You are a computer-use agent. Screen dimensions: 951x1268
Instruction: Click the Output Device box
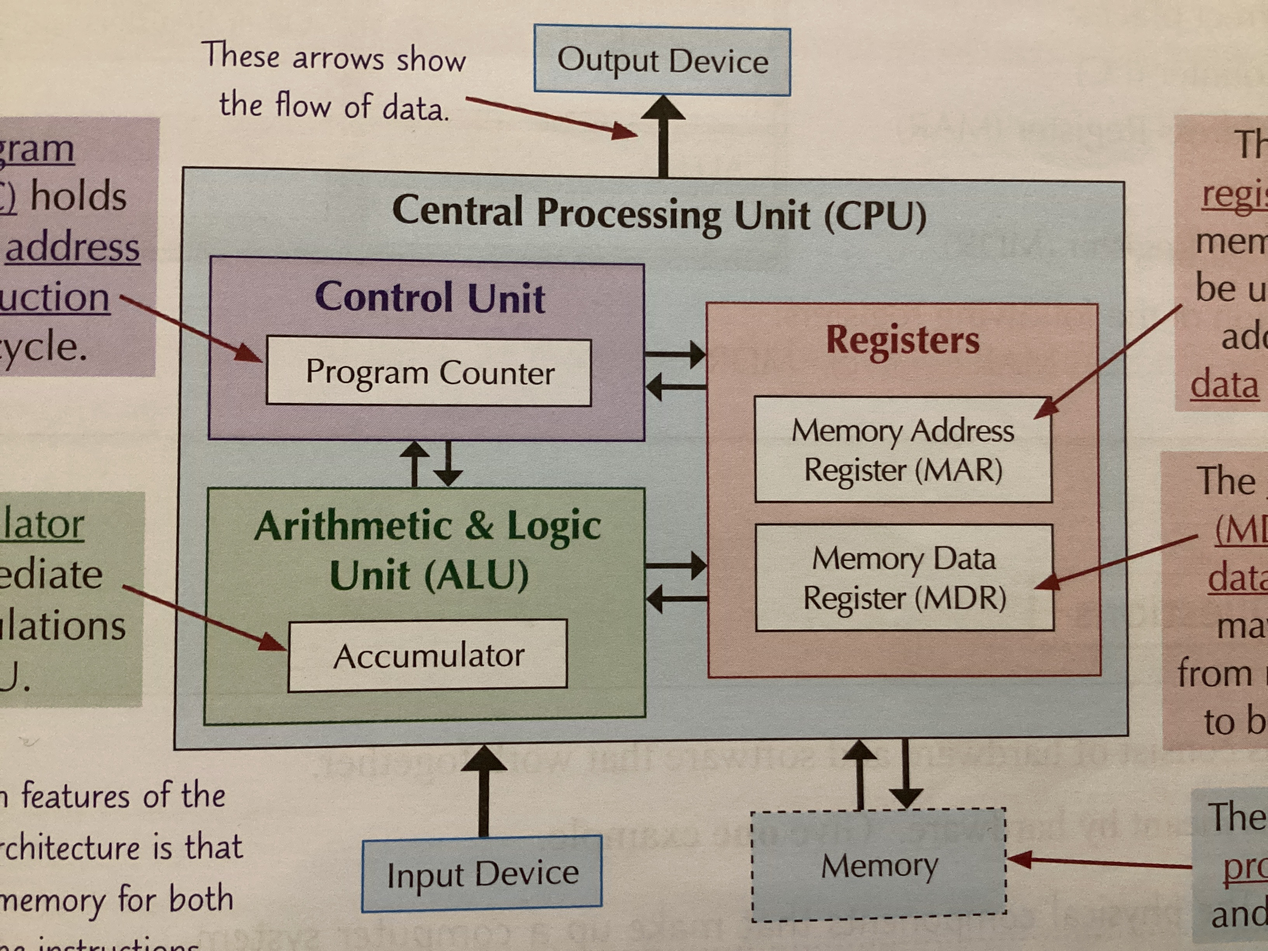[662, 60]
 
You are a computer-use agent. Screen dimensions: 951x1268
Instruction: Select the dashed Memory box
[879, 865]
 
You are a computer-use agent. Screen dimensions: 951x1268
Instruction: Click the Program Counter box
[429, 372]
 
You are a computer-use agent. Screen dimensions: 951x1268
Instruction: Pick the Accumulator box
[428, 655]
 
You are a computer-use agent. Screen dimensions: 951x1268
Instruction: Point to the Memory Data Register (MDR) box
[904, 578]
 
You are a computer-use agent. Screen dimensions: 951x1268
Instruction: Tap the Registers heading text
[902, 340]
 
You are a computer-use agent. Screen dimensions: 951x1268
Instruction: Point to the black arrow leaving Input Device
[484, 791]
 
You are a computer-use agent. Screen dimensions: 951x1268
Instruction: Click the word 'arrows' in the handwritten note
[338, 59]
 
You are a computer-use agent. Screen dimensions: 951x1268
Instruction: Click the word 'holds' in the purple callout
[78, 197]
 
